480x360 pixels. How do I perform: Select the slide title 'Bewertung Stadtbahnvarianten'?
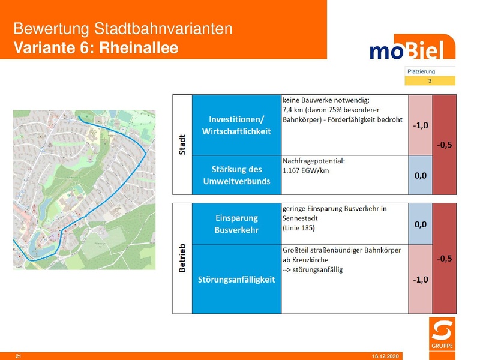(122, 29)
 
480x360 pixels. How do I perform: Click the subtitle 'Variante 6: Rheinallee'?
(96, 47)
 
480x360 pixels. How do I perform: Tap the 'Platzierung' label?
(421, 71)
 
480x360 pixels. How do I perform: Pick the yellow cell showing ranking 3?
(430, 80)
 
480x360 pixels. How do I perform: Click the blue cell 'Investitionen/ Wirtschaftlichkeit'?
(236, 125)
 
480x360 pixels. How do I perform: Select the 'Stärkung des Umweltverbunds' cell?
(236, 175)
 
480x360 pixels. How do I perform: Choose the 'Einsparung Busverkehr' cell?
(236, 224)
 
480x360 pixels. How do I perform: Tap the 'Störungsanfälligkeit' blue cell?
(236, 280)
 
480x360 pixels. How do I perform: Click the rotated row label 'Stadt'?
(182, 144)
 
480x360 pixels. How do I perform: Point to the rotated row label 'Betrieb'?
(182, 259)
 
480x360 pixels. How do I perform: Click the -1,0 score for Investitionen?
(420, 125)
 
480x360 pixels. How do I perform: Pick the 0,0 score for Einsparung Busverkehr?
(420, 224)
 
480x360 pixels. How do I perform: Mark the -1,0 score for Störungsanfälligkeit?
(420, 280)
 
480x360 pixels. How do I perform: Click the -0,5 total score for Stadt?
(444, 145)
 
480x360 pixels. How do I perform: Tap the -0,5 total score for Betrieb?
(444, 259)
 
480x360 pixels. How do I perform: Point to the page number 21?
(19, 356)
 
